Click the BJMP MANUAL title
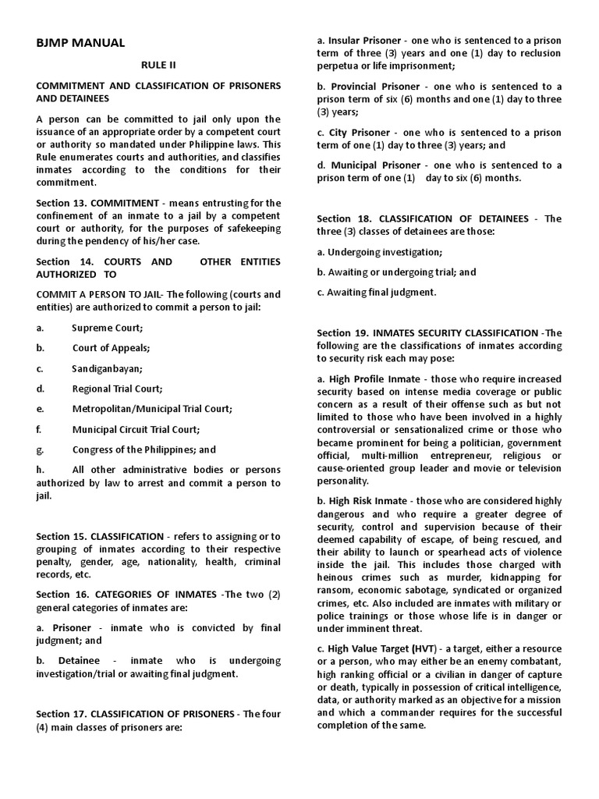click(80, 42)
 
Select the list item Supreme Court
click(108, 328)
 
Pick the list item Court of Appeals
click(111, 348)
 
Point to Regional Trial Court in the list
click(117, 389)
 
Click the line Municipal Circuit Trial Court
click(136, 429)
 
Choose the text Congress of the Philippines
click(144, 449)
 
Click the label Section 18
click(341, 218)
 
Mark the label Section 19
click(341, 333)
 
